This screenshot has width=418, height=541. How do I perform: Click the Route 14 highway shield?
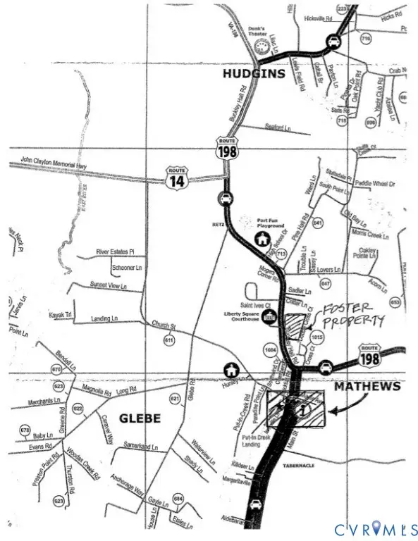point(176,176)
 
